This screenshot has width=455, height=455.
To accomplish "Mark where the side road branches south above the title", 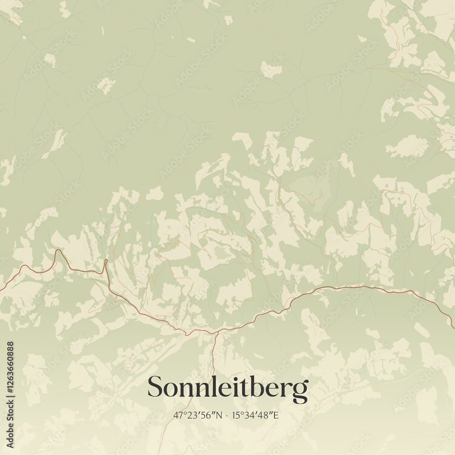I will [x=217, y=333].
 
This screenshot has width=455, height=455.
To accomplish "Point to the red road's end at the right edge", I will [x=453, y=326].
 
